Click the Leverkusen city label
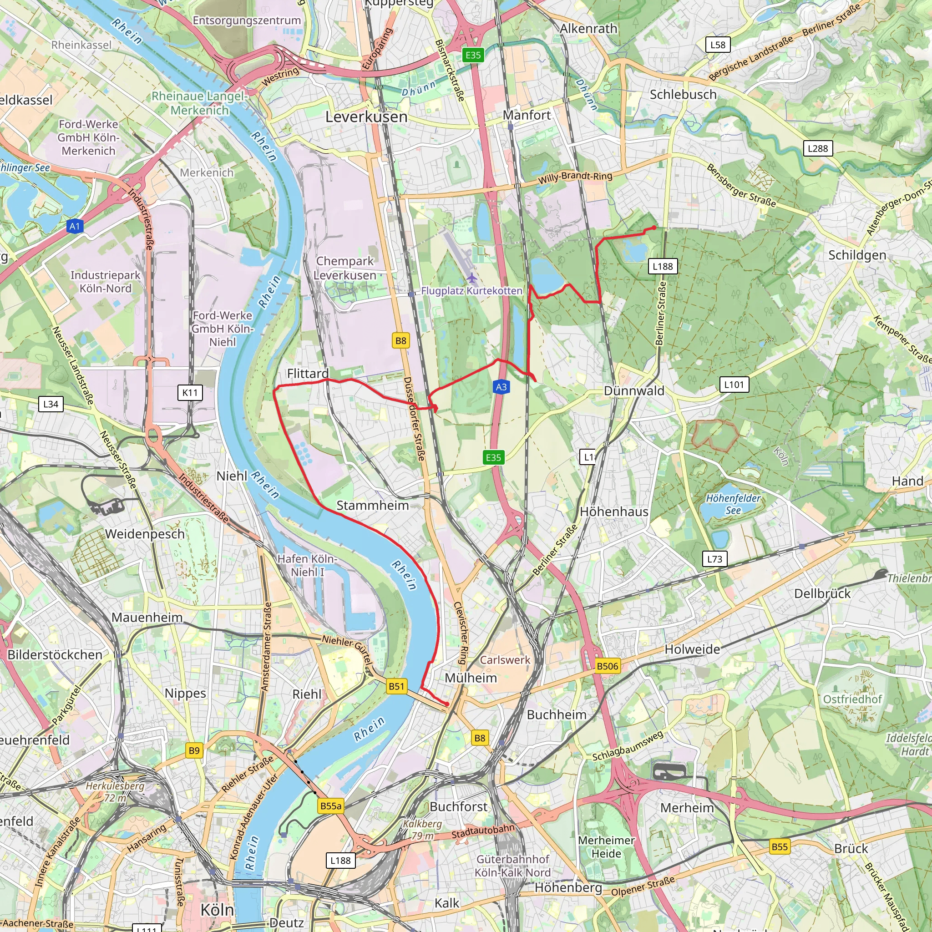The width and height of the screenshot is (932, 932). pyautogui.click(x=366, y=117)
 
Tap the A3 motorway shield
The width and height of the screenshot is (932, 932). pyautogui.click(x=501, y=386)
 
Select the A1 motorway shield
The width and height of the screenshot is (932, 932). pyautogui.click(x=74, y=226)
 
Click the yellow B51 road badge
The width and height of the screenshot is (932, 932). pyautogui.click(x=396, y=686)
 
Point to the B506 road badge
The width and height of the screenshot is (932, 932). pyautogui.click(x=607, y=666)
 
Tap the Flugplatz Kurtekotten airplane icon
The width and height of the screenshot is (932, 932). pyautogui.click(x=472, y=279)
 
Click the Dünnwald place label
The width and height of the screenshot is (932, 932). pyautogui.click(x=634, y=391)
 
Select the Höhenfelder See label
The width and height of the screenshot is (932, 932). pyautogui.click(x=733, y=504)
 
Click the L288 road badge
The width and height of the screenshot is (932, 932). pyautogui.click(x=818, y=148)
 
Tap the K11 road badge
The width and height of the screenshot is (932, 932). pyautogui.click(x=190, y=392)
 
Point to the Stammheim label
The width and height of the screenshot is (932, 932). pyautogui.click(x=372, y=506)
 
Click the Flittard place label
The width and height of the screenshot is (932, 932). pyautogui.click(x=308, y=373)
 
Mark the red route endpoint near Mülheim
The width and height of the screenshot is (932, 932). pyautogui.click(x=447, y=704)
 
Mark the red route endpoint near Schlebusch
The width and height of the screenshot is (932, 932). pyautogui.click(x=653, y=228)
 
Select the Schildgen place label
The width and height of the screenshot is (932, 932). pyautogui.click(x=857, y=255)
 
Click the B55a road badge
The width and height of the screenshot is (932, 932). pyautogui.click(x=331, y=805)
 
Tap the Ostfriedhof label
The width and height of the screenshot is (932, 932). pyautogui.click(x=852, y=699)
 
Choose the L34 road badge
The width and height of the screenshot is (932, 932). pyautogui.click(x=51, y=404)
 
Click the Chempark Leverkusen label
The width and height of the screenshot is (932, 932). pyautogui.click(x=344, y=268)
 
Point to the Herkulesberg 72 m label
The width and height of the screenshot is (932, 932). pyautogui.click(x=115, y=792)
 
